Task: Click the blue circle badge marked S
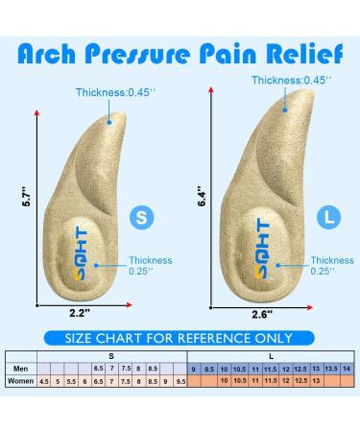click(141, 218)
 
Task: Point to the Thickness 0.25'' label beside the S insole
click(152, 266)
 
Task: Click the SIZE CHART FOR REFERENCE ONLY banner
click(180, 338)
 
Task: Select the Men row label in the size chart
click(20, 369)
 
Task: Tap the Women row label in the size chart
click(20, 381)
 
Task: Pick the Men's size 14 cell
click(347, 369)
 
